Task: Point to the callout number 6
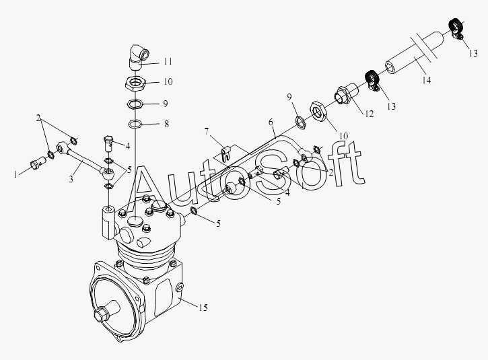pos(271,123)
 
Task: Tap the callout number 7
pos(208,131)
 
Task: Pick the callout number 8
pos(167,124)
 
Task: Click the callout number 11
pos(168,61)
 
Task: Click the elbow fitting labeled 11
pos(138,54)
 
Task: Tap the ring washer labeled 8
pos(134,124)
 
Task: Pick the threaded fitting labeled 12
pos(345,95)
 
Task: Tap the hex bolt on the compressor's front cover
pos(104,315)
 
